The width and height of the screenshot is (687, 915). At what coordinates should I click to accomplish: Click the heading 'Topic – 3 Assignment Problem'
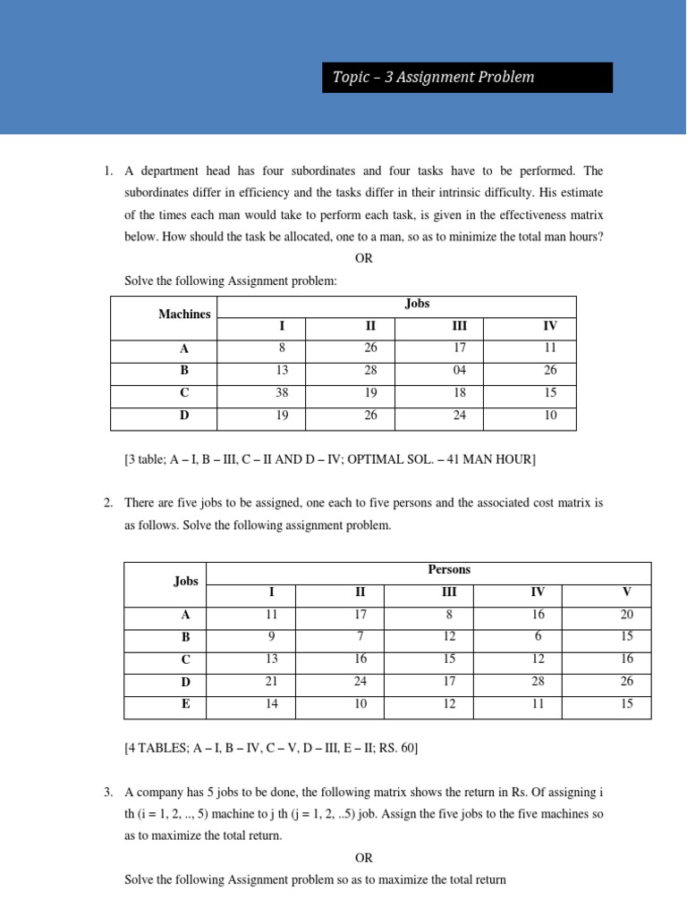(433, 77)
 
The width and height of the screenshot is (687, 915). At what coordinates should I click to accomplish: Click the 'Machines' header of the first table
(184, 315)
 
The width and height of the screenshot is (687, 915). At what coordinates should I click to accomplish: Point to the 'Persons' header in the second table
(449, 569)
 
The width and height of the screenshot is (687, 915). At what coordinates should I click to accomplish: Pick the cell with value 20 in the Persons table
(627, 615)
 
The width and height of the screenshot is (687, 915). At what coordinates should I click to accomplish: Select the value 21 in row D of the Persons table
(272, 682)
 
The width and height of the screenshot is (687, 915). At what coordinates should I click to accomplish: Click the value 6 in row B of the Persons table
(538, 637)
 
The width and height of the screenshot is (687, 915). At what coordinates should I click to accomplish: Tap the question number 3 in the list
(107, 793)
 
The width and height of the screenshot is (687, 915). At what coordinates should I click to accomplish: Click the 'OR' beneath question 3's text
(363, 858)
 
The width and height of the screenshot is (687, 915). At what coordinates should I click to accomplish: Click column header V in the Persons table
(627, 592)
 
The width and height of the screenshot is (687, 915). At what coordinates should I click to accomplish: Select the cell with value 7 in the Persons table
(360, 637)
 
